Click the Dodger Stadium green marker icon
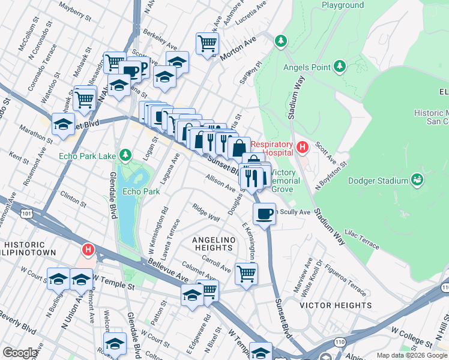(x=417, y=179)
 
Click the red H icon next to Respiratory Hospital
(x=303, y=146)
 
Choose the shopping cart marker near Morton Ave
(x=207, y=43)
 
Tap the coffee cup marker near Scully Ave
(x=264, y=214)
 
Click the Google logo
(x=20, y=353)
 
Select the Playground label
(x=342, y=5)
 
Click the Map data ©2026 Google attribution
(x=411, y=355)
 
